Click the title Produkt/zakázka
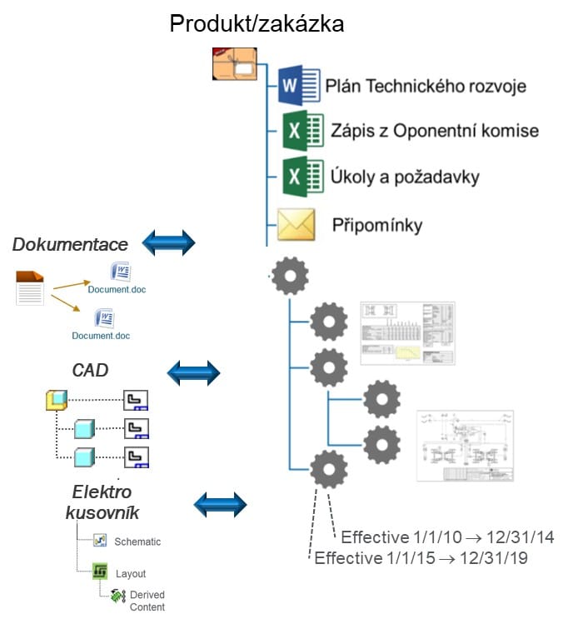[x=257, y=22]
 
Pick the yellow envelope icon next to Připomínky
[x=296, y=225]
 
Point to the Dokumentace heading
[x=70, y=245]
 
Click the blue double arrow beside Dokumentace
[x=168, y=242]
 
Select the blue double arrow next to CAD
[x=194, y=372]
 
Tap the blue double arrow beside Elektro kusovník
[x=220, y=504]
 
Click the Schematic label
[x=137, y=542]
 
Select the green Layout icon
[x=100, y=572]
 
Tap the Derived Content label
[x=147, y=601]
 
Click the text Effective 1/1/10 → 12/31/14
[x=447, y=537]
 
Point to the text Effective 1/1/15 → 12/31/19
[x=421, y=558]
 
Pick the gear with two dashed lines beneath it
[x=328, y=470]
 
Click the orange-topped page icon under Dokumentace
[x=31, y=287]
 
